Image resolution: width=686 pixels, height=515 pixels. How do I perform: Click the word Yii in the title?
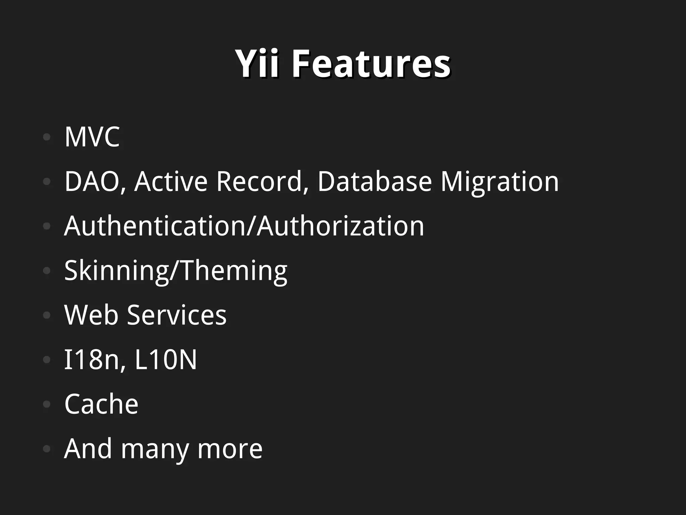pos(257,63)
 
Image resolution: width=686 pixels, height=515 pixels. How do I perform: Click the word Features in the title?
pos(371,63)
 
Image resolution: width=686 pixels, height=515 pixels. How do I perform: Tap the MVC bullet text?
pos(92,137)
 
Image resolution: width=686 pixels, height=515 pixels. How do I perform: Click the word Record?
pos(259,181)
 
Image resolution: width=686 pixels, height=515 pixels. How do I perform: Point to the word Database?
pos(374,181)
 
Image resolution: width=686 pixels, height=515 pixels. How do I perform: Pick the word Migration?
pos(499,181)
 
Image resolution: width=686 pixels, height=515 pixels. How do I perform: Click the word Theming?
pos(231,270)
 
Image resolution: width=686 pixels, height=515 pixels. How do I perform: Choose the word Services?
pos(177,315)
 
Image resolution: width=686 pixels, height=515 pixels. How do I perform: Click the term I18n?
pos(92,360)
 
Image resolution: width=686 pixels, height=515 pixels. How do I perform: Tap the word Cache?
pos(101,404)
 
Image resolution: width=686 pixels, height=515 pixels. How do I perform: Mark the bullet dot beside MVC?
pos(47,137)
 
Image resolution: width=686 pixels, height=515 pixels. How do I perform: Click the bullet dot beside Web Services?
pos(47,315)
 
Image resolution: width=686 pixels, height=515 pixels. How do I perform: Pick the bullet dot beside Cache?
pos(47,404)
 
